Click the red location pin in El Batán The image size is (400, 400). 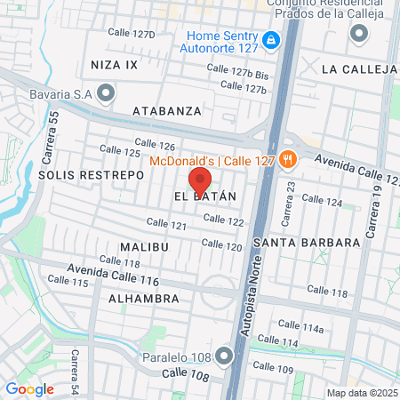click(x=200, y=179)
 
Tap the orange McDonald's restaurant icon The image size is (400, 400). click(x=286, y=161)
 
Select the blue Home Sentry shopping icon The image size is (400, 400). click(x=272, y=41)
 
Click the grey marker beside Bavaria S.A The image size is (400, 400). click(x=108, y=92)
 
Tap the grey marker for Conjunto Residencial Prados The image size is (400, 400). click(x=359, y=35)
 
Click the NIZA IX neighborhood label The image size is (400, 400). click(x=113, y=65)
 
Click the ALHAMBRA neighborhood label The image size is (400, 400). click(x=144, y=299)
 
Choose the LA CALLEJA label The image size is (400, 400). click(x=359, y=68)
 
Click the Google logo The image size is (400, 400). click(x=29, y=388)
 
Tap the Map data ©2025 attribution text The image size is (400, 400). click(x=361, y=393)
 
